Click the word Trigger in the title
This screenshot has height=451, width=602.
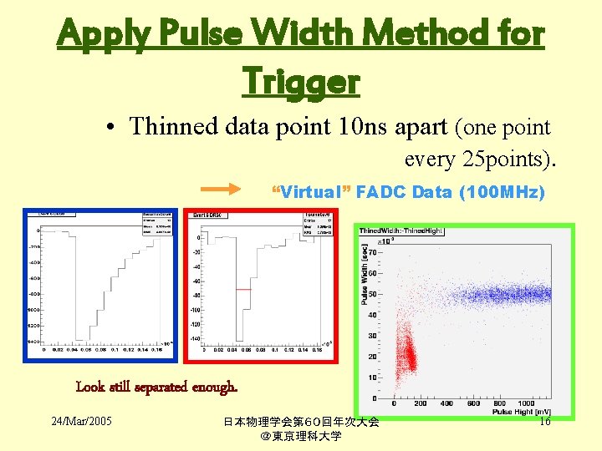300,81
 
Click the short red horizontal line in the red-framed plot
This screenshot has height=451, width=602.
242,289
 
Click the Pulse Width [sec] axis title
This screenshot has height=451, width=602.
365,274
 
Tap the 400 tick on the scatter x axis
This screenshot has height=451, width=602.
446,403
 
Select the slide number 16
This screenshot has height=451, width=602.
544,422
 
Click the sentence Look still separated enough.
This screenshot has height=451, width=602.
157,387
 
